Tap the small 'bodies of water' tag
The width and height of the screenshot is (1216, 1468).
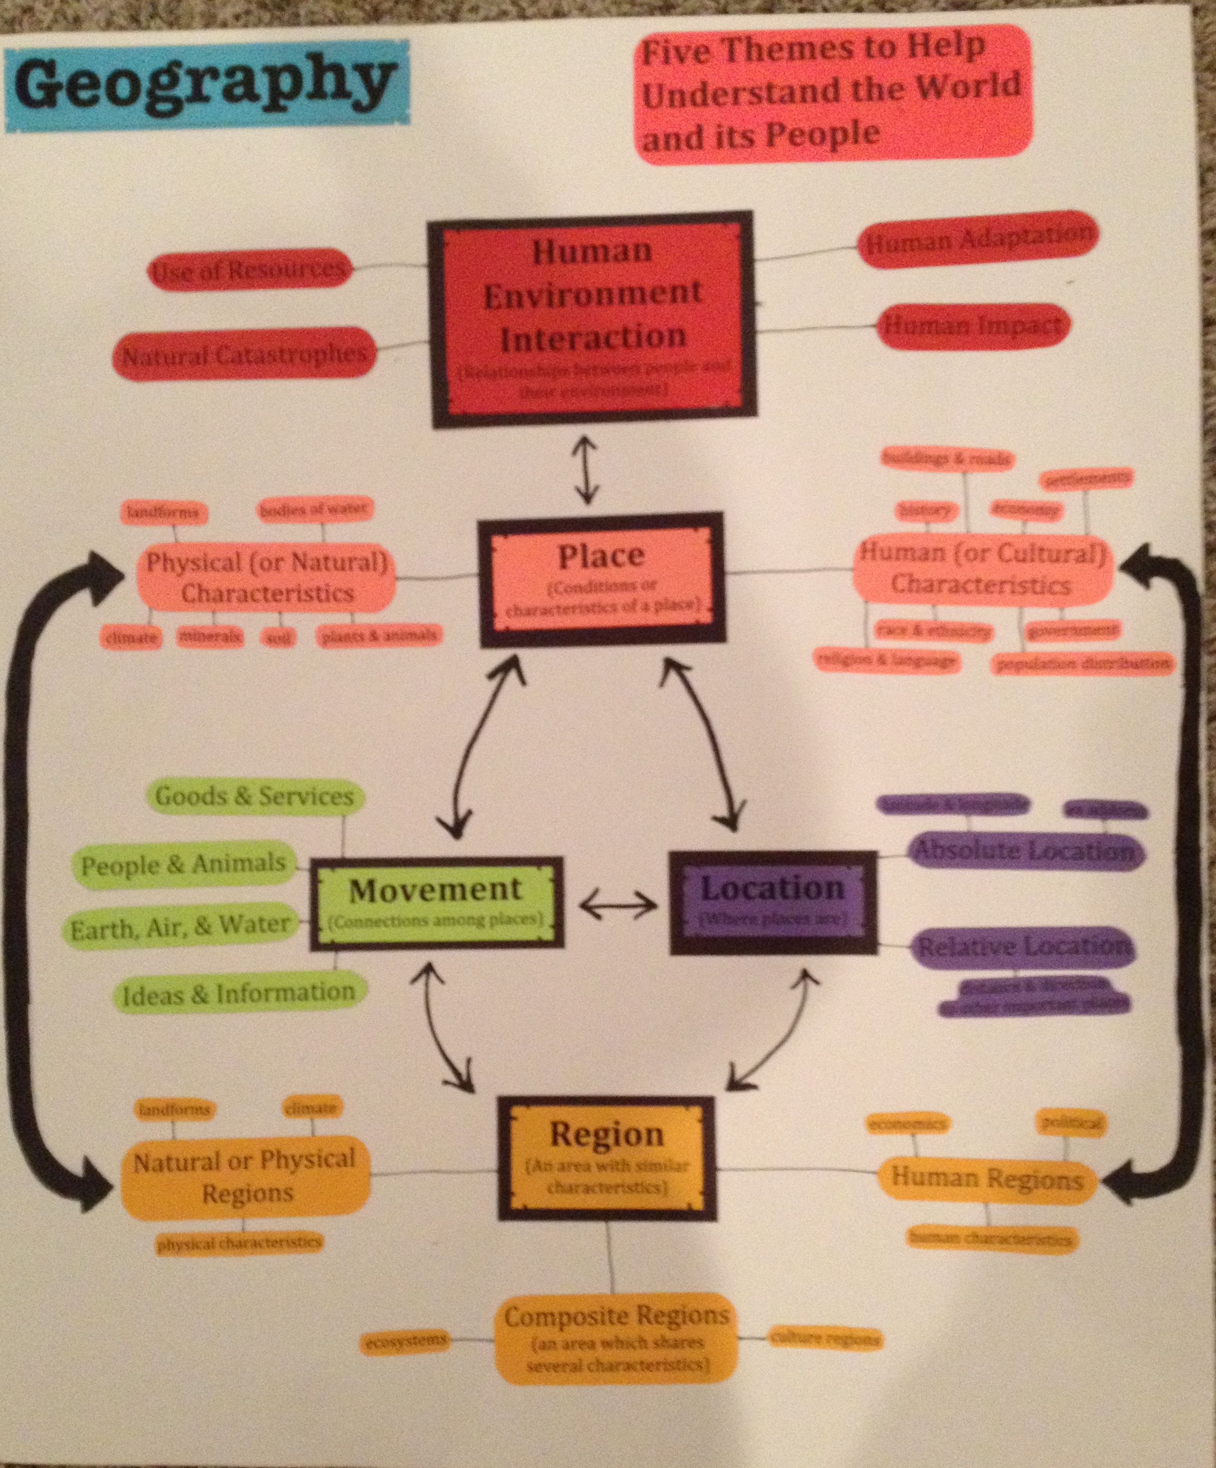point(312,510)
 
